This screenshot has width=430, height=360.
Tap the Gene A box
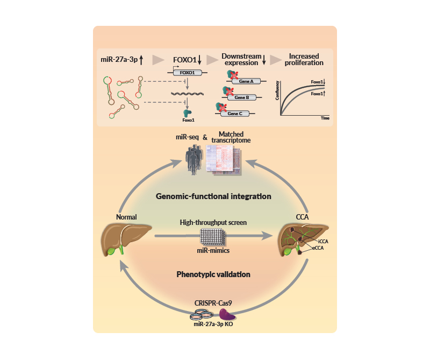[x=239, y=81]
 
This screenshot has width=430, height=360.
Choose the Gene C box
[x=234, y=114]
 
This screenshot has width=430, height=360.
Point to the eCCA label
[x=322, y=249]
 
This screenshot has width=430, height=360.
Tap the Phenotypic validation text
[x=213, y=274]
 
